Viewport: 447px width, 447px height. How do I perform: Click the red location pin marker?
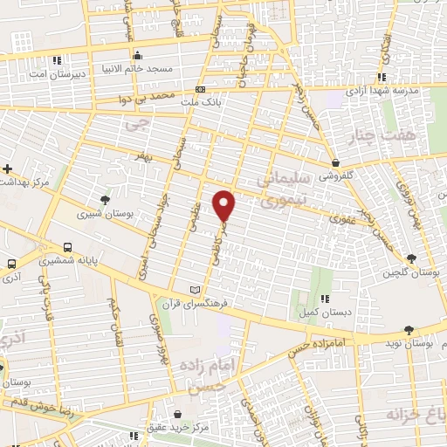(x=225, y=204)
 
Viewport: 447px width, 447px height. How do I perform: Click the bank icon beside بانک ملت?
(x=201, y=90)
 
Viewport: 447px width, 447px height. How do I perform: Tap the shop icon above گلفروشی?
(x=336, y=162)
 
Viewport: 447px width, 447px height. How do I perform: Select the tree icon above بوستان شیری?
(x=106, y=200)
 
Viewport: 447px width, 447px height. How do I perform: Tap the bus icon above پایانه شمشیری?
(x=67, y=246)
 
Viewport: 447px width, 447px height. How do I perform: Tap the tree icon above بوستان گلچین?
(x=411, y=258)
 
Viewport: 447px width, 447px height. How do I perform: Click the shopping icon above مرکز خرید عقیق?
(x=178, y=414)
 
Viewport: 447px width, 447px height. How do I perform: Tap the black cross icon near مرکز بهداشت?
(x=8, y=168)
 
